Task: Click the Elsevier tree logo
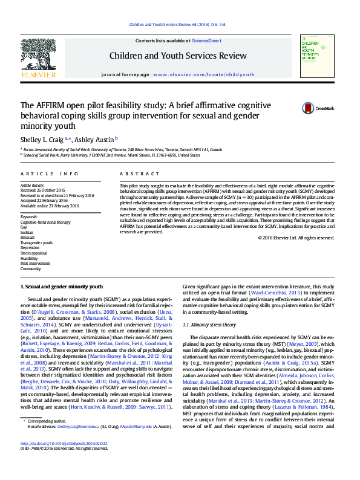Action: pyautogui.click(x=38, y=56)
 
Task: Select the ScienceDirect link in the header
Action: pyautogui.click(x=206, y=41)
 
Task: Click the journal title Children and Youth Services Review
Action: pyautogui.click(x=178, y=56)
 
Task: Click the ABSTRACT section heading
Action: pyautogui.click(x=135, y=174)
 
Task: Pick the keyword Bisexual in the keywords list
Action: pyautogui.click(x=28, y=237)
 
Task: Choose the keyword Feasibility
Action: pyautogui.click(x=29, y=258)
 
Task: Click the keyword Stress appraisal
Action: pyautogui.click(x=33, y=253)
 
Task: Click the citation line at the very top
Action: pyautogui.click(x=178, y=25)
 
